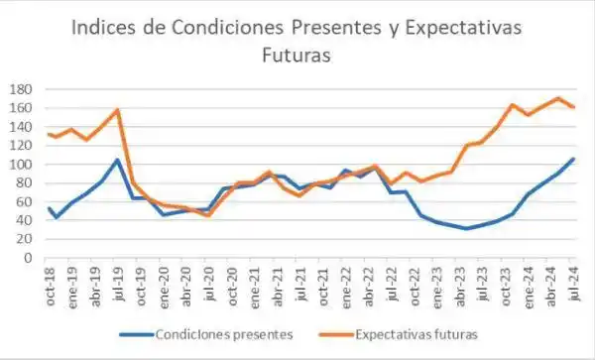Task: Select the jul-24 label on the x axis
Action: [573, 286]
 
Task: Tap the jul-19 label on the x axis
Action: [119, 286]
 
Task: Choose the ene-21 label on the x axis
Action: [255, 286]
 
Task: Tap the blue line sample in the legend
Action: [139, 335]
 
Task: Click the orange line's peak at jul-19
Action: [118, 110]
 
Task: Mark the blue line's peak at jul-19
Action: [118, 160]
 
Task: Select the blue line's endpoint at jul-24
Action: [573, 159]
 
